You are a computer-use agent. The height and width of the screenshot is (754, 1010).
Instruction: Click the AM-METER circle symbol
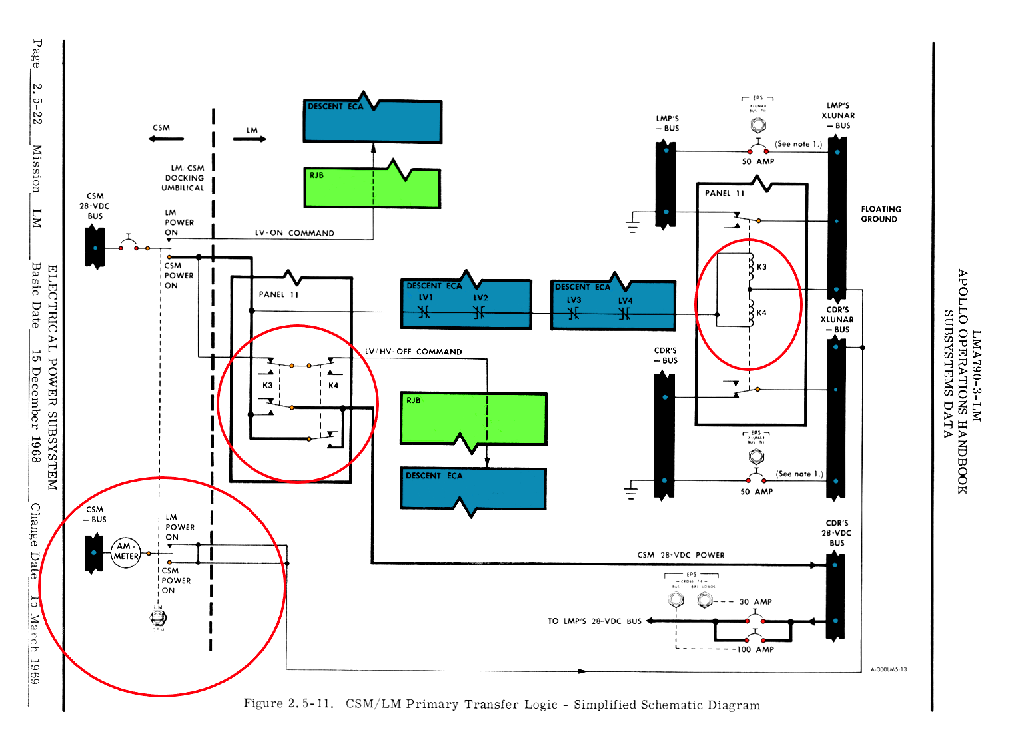125,552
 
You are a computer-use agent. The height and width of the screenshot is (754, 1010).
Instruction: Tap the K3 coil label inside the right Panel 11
761,267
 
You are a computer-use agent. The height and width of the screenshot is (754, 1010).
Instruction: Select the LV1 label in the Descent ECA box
426,298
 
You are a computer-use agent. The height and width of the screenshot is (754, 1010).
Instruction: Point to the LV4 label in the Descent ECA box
625,300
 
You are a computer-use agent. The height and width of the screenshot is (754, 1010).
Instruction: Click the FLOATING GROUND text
881,214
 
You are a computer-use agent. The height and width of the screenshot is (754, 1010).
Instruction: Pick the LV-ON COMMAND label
294,233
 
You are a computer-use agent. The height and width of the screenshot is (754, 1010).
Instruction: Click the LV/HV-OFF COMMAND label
413,352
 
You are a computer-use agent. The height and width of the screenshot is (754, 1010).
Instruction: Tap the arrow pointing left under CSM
166,139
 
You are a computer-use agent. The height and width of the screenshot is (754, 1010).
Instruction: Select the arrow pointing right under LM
250,139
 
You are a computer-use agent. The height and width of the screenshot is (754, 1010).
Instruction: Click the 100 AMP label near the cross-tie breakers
755,649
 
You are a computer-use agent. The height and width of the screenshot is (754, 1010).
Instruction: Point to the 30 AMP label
756,601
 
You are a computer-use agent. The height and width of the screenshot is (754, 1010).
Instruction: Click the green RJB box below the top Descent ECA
372,188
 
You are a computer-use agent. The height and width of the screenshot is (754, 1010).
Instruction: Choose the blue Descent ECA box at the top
372,122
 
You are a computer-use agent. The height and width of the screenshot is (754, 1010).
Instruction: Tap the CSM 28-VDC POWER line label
680,555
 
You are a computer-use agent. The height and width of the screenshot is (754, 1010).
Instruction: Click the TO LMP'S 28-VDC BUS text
594,621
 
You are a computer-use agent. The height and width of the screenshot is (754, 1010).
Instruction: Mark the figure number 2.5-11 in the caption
310,704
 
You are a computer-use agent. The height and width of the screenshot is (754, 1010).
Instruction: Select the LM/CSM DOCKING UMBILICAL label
183,178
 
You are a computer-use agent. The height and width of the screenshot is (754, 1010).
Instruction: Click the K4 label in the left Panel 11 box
333,386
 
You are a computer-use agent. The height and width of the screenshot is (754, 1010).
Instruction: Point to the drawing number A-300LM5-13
888,669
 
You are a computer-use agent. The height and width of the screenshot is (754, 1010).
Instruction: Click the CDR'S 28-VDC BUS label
837,533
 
